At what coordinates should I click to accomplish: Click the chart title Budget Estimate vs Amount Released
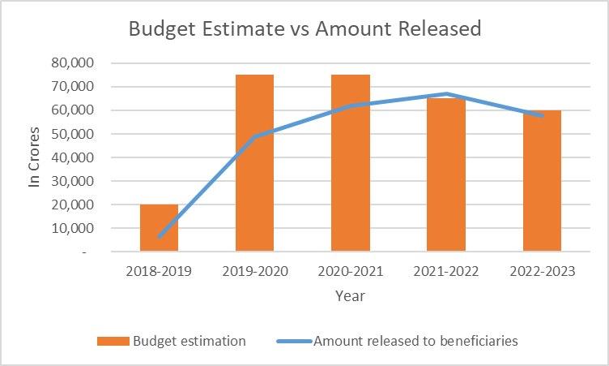coord(305,29)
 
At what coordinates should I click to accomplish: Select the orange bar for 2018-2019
coord(159,228)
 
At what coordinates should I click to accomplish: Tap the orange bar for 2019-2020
coord(254,162)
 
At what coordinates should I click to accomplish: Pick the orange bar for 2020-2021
coord(351,162)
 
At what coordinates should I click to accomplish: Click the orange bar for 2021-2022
coord(446,174)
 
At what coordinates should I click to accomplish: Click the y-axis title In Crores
coord(34,157)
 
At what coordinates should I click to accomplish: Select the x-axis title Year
coord(351,296)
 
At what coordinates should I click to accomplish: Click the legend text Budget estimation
coord(190,341)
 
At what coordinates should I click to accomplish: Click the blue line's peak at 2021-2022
coord(446,93)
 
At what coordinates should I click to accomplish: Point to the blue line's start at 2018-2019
coord(160,236)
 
